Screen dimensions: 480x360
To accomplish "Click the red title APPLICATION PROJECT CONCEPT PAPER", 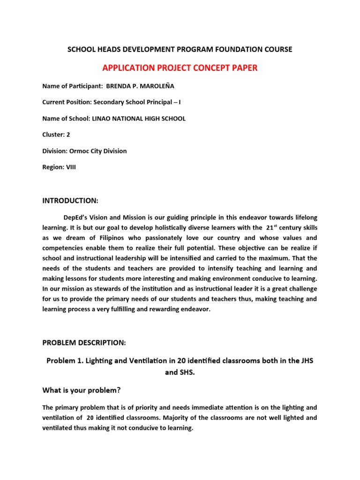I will [x=180, y=68].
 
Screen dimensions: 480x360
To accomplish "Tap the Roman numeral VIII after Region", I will [x=69, y=167].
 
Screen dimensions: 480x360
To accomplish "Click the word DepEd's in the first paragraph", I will [x=78, y=217].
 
